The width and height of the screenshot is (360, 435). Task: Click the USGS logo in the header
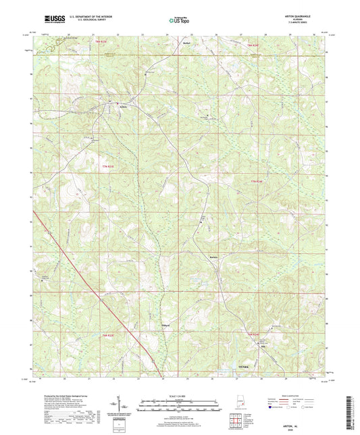tap(51, 20)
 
